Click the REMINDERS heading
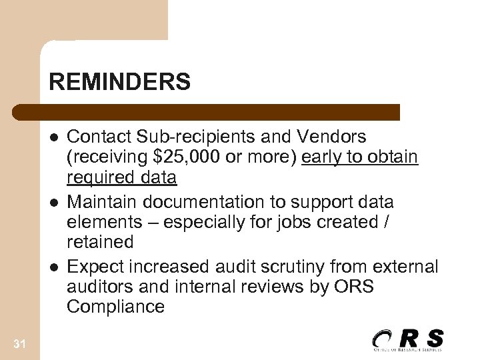point(119,83)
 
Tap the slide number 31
point(19,343)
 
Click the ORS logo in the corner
point(407,339)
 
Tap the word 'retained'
point(99,242)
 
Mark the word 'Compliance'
point(115,307)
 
